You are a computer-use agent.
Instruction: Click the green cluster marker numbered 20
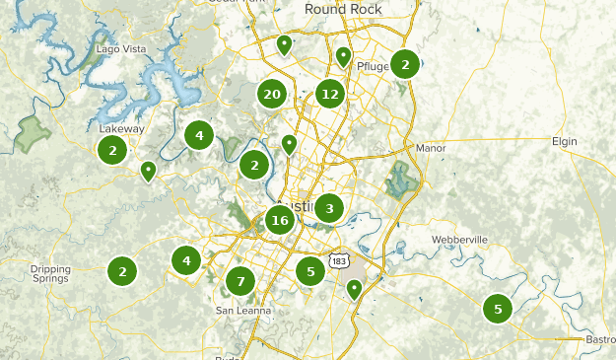coord(272,95)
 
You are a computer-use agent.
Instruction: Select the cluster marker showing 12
coord(329,95)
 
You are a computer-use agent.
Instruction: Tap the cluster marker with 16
coord(280,220)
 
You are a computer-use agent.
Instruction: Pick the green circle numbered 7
coord(240,281)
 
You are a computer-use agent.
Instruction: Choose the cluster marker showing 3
coord(328,207)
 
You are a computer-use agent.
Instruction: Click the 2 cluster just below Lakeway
coord(113,150)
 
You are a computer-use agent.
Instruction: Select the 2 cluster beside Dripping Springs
coord(122,270)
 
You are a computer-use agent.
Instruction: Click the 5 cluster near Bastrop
coord(498,309)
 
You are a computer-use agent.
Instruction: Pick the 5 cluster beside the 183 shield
coord(310,270)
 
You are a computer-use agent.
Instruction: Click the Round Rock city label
coord(343,9)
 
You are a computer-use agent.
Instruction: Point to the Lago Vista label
coord(121,48)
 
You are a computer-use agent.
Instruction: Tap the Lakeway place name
coord(121,128)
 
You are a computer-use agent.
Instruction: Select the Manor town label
coord(431,148)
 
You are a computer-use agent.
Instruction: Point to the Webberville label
coord(459,241)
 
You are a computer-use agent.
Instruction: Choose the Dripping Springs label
coord(50,273)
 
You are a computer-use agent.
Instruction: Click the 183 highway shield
coord(338,260)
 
